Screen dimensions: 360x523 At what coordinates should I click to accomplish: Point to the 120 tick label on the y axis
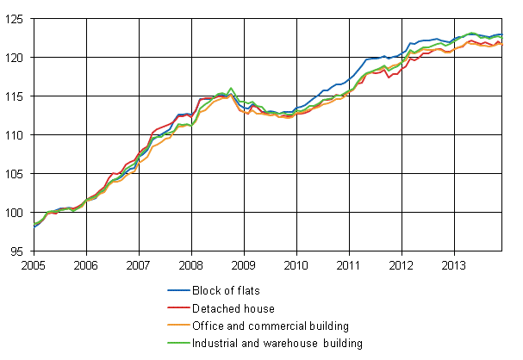(16, 58)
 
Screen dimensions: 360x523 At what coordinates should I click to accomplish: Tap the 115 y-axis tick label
(16, 96)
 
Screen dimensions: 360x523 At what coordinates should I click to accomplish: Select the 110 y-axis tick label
(16, 135)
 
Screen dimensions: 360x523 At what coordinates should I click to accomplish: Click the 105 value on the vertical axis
(16, 174)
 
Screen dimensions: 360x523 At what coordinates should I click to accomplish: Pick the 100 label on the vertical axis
(16, 213)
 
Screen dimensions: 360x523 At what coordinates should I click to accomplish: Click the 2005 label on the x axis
(33, 266)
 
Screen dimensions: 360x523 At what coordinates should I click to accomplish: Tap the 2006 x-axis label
(85, 266)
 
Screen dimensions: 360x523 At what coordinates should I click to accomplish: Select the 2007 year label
(138, 266)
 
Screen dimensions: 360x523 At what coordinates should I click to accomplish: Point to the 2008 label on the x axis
(190, 266)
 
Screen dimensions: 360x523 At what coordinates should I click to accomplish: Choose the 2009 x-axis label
(243, 266)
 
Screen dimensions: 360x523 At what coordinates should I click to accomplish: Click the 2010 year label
(296, 266)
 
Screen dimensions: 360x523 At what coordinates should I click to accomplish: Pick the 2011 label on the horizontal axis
(348, 266)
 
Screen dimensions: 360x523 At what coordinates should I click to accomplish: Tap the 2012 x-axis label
(402, 266)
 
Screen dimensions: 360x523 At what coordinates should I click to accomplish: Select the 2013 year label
(454, 266)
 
